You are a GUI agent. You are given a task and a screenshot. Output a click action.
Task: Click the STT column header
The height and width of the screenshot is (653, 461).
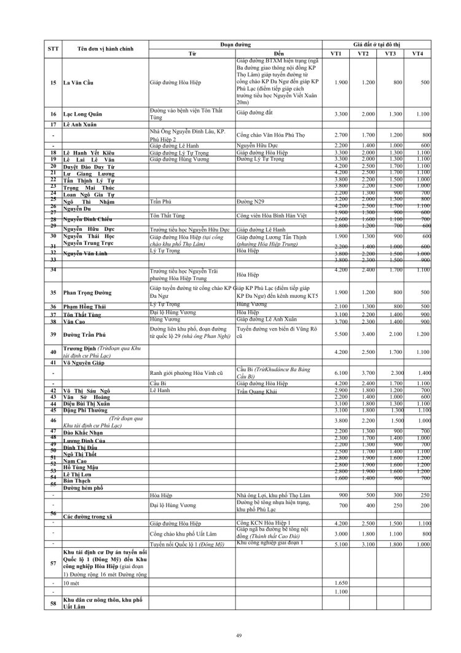point(53,49)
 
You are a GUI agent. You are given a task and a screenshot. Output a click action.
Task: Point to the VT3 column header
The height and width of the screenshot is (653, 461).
point(391,54)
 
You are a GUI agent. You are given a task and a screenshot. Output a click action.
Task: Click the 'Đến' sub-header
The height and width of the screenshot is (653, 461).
point(279,54)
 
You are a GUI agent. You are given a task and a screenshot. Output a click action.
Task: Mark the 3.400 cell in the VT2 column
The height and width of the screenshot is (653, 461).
point(363,334)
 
